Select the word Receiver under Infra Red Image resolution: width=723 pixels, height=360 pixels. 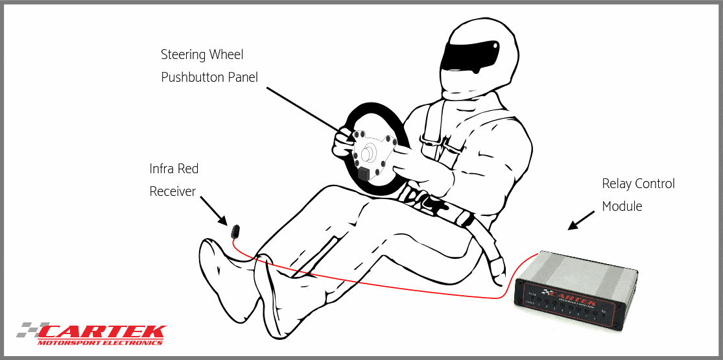tap(172, 191)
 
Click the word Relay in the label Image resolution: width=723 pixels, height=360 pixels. tap(617, 184)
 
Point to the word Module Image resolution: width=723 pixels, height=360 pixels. tap(622, 207)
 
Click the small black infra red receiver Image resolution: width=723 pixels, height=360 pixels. tap(235, 230)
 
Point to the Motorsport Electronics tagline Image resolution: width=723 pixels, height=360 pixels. tap(101, 342)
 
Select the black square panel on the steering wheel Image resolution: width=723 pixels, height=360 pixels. tap(363, 173)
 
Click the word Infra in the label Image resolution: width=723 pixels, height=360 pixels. tap(161, 169)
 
